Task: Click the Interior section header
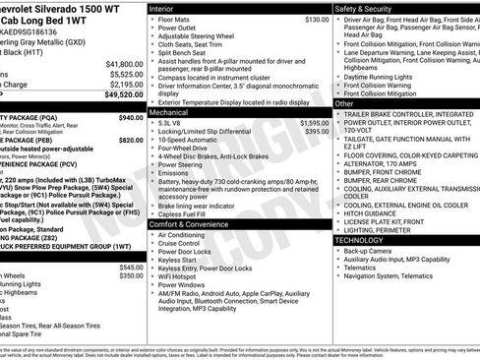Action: [164, 8]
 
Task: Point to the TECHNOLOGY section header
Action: [367, 240]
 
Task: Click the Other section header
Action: [344, 103]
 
